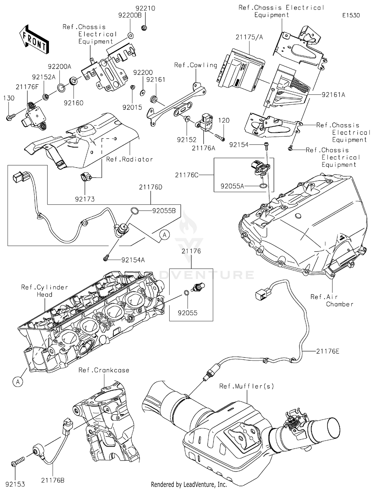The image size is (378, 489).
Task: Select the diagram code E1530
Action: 351,15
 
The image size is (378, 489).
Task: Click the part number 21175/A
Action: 249,37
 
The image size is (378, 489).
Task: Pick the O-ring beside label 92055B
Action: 135,210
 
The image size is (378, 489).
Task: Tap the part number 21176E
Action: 328,351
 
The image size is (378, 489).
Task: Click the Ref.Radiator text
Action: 129,159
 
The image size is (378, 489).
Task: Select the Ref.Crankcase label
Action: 104,370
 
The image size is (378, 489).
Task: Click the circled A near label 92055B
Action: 164,235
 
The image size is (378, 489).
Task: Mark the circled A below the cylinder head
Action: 18,382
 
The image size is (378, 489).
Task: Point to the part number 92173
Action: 85,199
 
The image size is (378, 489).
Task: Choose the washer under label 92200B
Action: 131,36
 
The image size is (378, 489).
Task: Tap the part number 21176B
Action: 53,480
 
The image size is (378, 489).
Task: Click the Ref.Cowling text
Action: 196,65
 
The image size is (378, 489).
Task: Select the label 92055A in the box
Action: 232,186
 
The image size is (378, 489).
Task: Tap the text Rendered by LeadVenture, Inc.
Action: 189,484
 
